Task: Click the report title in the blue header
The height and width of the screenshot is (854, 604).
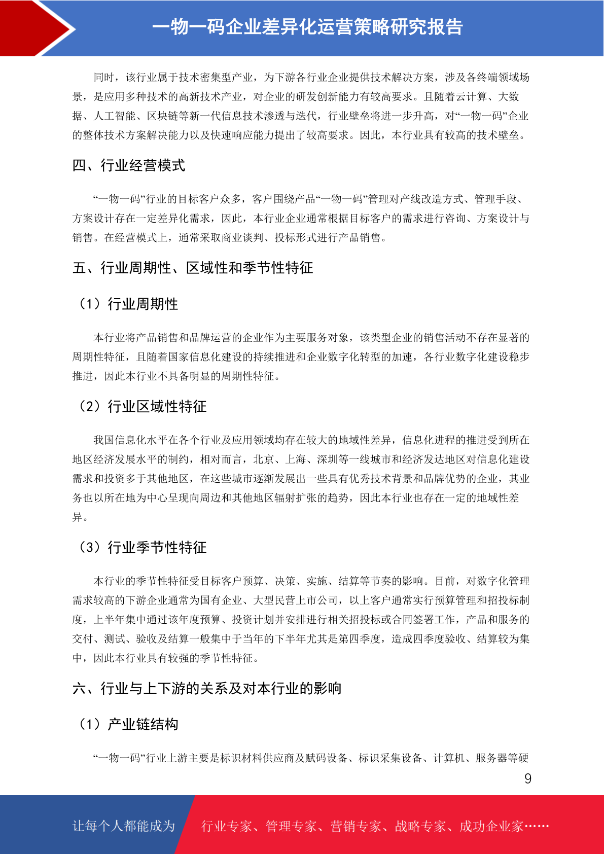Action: click(x=307, y=27)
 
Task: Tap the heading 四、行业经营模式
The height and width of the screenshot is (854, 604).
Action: click(x=129, y=165)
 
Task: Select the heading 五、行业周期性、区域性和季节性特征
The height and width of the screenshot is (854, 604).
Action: click(x=193, y=268)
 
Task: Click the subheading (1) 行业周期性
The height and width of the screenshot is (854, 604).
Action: click(x=128, y=304)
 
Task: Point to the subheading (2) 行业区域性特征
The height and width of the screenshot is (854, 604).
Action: click(x=142, y=406)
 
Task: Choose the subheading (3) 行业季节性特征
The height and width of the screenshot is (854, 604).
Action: click(x=142, y=547)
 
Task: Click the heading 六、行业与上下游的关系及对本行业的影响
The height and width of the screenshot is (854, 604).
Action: click(x=207, y=688)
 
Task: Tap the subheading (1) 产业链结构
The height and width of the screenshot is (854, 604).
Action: click(x=128, y=724)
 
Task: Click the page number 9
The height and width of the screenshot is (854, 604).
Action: click(x=528, y=779)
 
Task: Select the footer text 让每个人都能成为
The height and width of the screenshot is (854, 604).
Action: click(x=124, y=826)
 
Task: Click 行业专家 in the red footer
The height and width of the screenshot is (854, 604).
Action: click(x=227, y=827)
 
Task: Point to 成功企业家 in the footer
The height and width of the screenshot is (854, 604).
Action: click(x=491, y=827)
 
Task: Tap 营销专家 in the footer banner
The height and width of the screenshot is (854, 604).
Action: click(x=356, y=827)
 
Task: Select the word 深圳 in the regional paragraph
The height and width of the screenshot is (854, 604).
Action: click(x=328, y=459)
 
